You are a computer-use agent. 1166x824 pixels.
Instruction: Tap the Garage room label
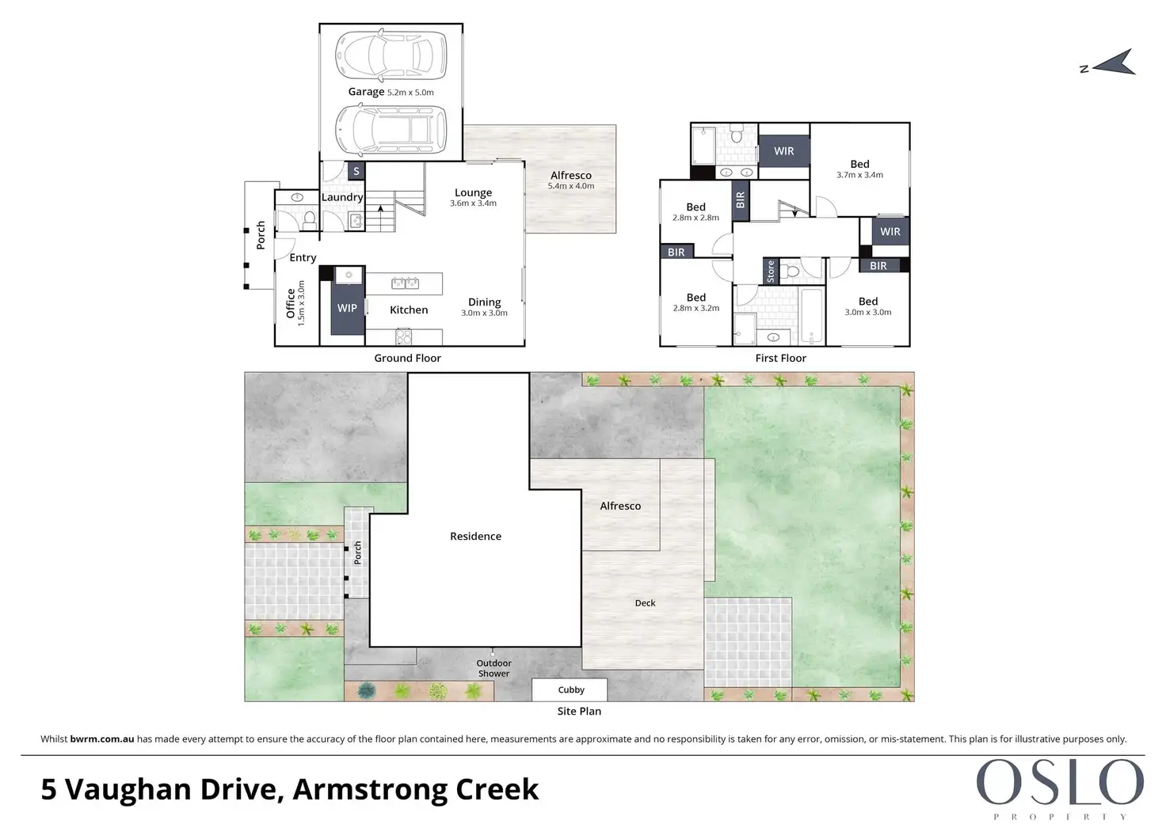point(366,92)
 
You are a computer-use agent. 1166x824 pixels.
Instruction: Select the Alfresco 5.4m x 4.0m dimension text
point(570,186)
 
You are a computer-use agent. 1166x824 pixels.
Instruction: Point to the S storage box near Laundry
point(356,171)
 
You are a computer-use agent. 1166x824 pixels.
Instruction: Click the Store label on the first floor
point(771,272)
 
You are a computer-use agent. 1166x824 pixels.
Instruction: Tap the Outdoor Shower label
point(493,668)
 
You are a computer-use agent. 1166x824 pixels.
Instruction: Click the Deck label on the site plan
point(645,603)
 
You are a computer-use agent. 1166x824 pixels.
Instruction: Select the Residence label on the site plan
point(475,537)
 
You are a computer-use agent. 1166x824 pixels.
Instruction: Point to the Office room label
point(291,304)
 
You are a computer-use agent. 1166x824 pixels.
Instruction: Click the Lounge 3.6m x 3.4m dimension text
point(473,203)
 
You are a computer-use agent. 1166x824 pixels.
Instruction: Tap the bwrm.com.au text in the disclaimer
point(102,739)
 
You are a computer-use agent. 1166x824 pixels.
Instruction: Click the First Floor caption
point(780,358)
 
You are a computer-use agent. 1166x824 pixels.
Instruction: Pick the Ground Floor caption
point(408,358)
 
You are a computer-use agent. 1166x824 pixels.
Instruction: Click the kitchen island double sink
point(406,283)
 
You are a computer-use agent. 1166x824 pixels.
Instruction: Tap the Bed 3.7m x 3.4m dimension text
point(859,175)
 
